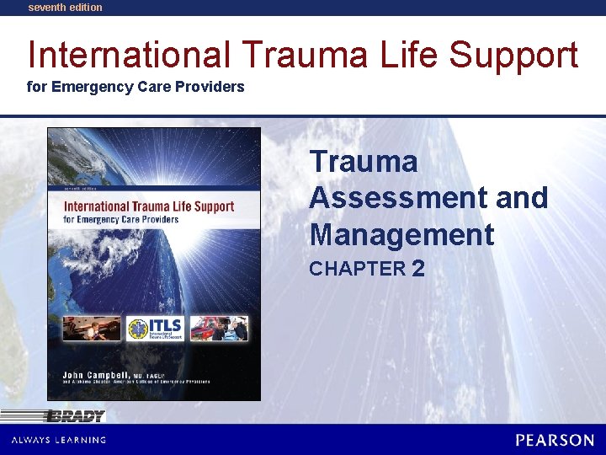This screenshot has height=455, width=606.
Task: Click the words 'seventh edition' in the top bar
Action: (x=65, y=8)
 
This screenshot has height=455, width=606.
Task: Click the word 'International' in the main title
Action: (x=128, y=55)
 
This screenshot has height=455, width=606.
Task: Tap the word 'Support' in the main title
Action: (x=513, y=56)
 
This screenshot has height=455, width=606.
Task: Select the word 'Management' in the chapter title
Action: (x=401, y=234)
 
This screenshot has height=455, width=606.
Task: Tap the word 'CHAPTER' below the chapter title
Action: (x=358, y=270)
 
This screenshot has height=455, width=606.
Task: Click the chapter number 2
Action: (x=417, y=269)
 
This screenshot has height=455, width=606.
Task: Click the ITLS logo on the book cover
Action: (x=155, y=328)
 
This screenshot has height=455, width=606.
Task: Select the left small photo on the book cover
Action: (x=91, y=328)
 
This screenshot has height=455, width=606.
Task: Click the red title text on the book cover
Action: (x=149, y=206)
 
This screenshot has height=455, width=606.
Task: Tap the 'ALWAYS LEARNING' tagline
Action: (x=58, y=440)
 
